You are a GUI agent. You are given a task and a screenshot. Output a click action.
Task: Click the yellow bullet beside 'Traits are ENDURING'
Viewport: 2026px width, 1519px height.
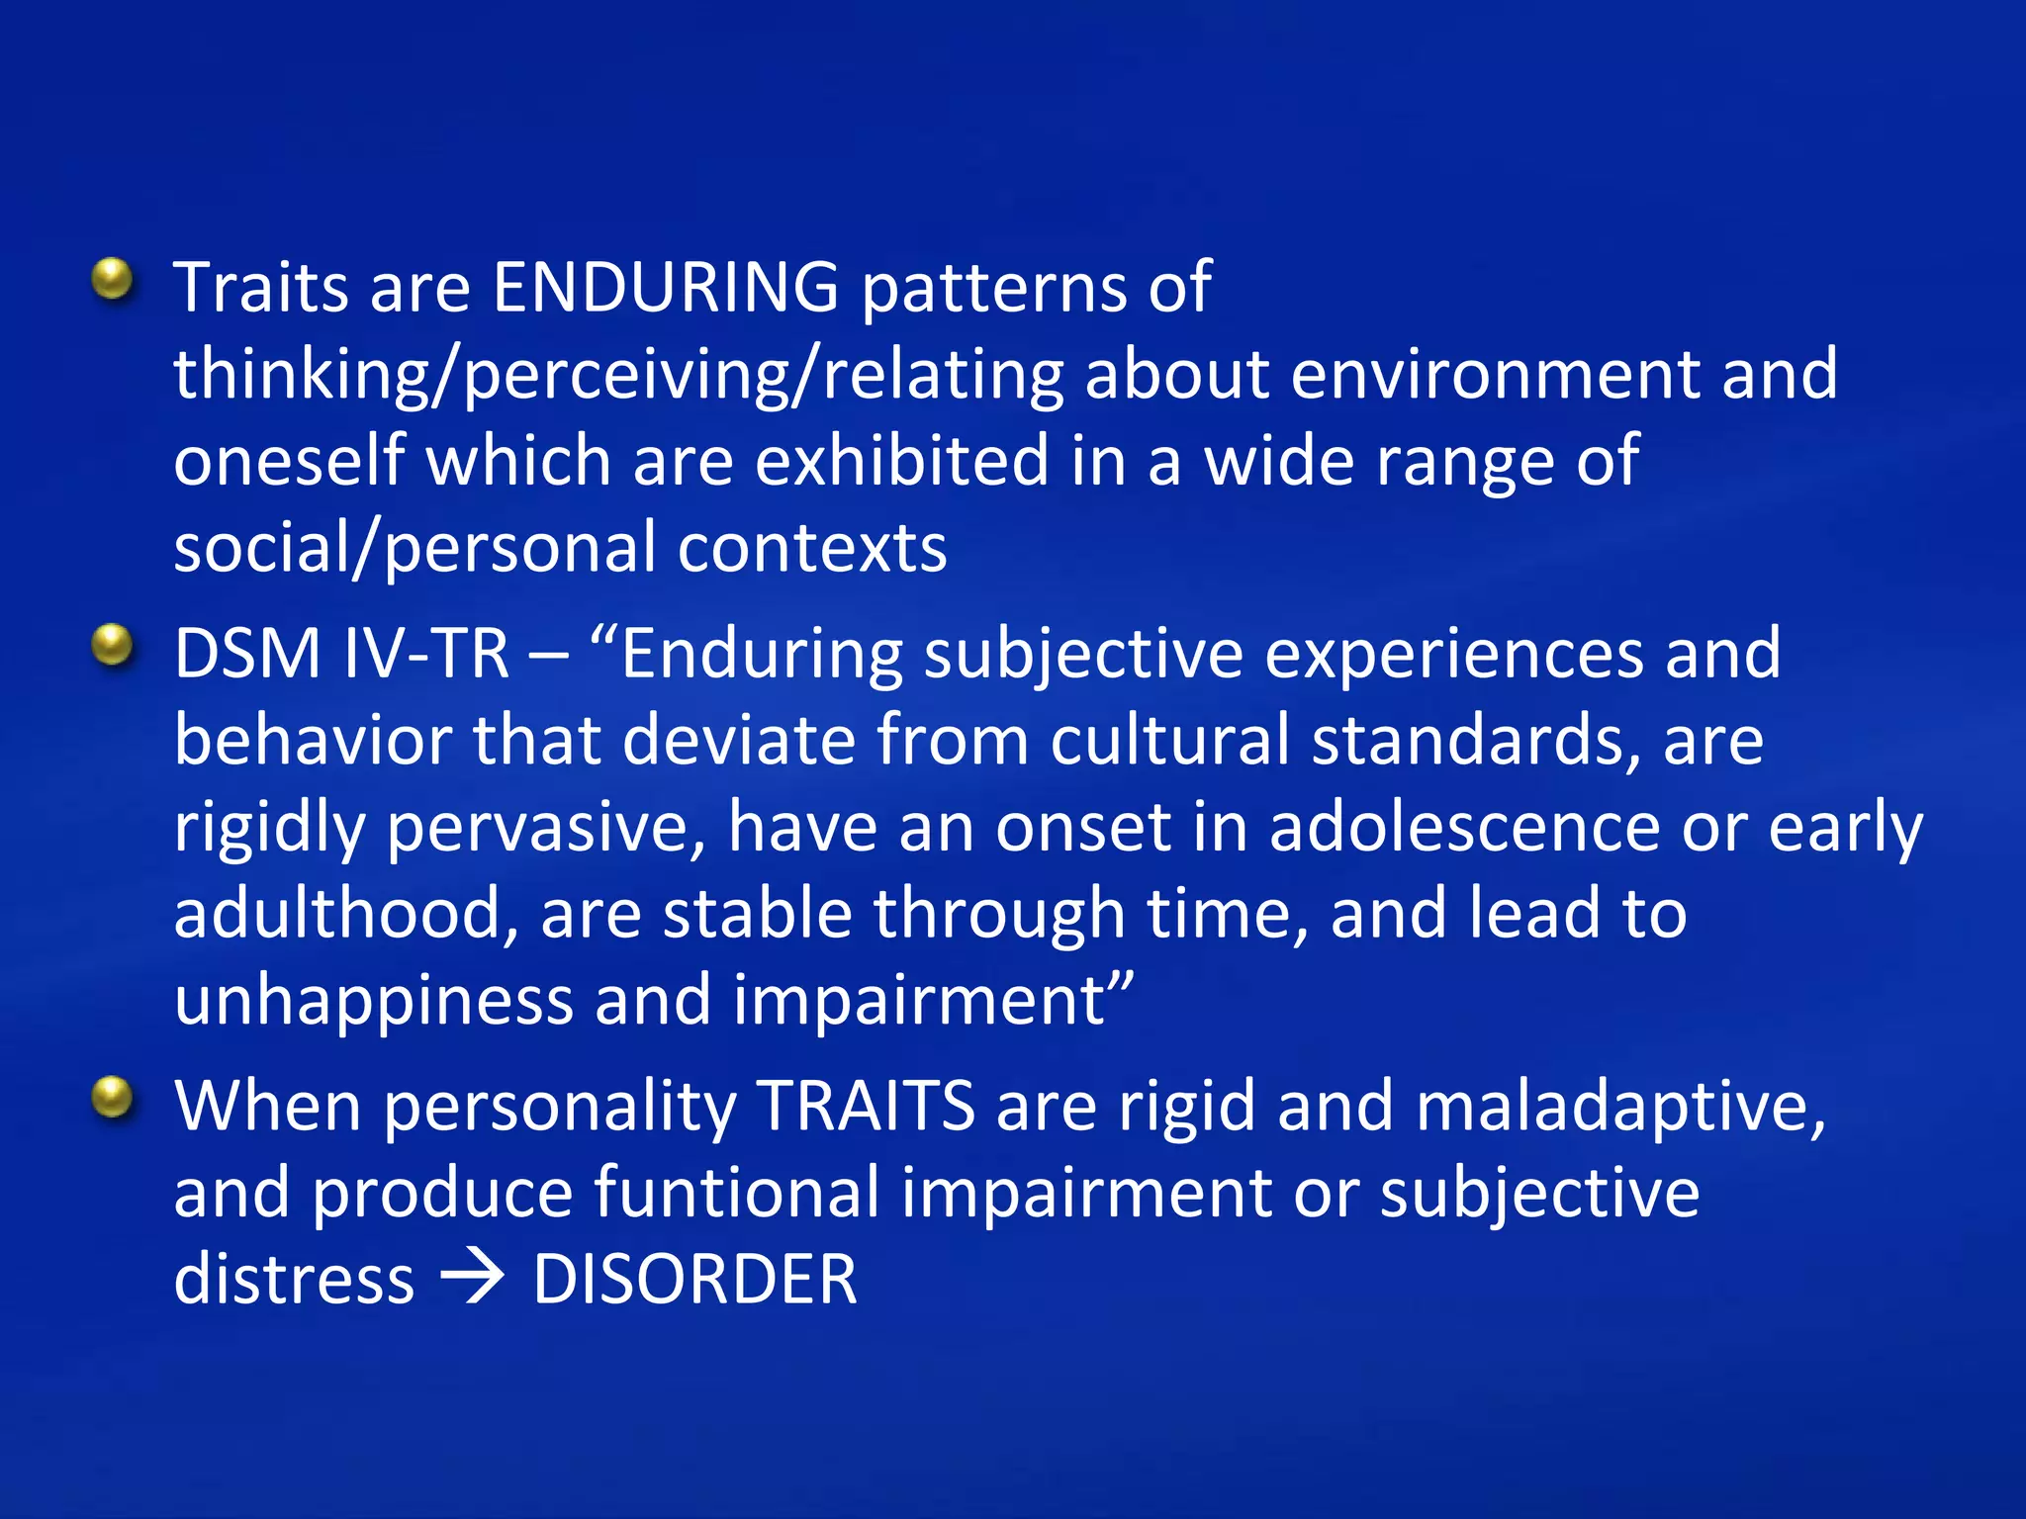click(113, 280)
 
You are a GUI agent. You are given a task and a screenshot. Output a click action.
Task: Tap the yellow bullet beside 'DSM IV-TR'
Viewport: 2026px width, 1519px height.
click(113, 647)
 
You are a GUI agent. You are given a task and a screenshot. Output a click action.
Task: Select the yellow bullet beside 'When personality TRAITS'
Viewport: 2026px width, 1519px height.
click(113, 1098)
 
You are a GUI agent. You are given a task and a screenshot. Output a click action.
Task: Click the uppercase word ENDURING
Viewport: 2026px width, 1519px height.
click(666, 288)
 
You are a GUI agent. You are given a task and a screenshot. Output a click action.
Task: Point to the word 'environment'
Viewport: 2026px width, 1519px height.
click(1495, 375)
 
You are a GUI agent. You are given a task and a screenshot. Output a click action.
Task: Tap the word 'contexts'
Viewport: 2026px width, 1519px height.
click(812, 548)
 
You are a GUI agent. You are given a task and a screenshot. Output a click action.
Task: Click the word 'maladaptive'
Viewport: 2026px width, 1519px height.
click(1620, 1108)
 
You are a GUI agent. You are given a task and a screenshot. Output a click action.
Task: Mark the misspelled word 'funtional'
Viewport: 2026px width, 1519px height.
click(737, 1193)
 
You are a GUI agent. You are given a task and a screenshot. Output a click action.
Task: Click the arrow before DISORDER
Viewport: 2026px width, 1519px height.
click(473, 1280)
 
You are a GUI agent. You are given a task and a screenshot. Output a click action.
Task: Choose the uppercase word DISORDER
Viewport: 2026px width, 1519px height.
click(694, 1280)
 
